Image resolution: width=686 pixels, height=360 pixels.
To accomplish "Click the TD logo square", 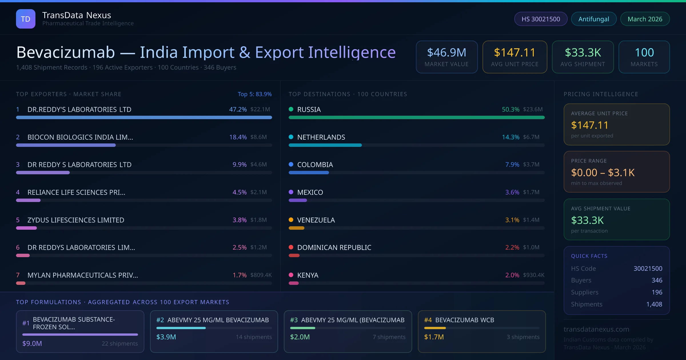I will click(26, 19).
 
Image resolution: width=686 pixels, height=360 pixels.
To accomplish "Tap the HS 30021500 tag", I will click(541, 19).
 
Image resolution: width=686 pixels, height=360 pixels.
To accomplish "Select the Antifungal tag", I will click(594, 19).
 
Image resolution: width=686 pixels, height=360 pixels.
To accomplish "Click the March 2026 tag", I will click(645, 19).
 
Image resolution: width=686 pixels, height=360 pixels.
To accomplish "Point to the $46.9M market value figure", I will click(446, 53).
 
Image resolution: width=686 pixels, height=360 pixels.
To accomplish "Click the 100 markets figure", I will click(644, 53).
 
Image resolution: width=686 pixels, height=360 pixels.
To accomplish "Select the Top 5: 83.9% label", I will click(254, 94).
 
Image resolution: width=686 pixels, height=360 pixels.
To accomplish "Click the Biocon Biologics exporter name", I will click(80, 137).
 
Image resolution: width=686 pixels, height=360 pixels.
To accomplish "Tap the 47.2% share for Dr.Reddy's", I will click(238, 109).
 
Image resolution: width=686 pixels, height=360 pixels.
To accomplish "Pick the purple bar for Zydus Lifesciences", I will click(27, 228).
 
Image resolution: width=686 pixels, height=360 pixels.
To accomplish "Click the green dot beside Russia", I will click(291, 109).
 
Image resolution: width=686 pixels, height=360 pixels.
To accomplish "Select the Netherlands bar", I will click(325, 145).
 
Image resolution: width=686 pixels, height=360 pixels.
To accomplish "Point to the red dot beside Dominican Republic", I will click(291, 247).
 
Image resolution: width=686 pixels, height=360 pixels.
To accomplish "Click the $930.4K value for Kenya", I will click(533, 275).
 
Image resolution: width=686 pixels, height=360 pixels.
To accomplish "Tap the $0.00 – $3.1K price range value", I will click(603, 173).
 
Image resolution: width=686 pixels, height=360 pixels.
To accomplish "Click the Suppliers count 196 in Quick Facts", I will click(657, 292).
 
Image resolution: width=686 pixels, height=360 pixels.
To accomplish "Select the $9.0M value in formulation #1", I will click(32, 343).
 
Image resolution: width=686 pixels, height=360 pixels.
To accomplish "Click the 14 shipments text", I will click(254, 337).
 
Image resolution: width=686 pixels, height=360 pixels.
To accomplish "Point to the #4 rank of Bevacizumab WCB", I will click(428, 320).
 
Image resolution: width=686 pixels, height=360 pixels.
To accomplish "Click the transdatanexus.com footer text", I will click(596, 329).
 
